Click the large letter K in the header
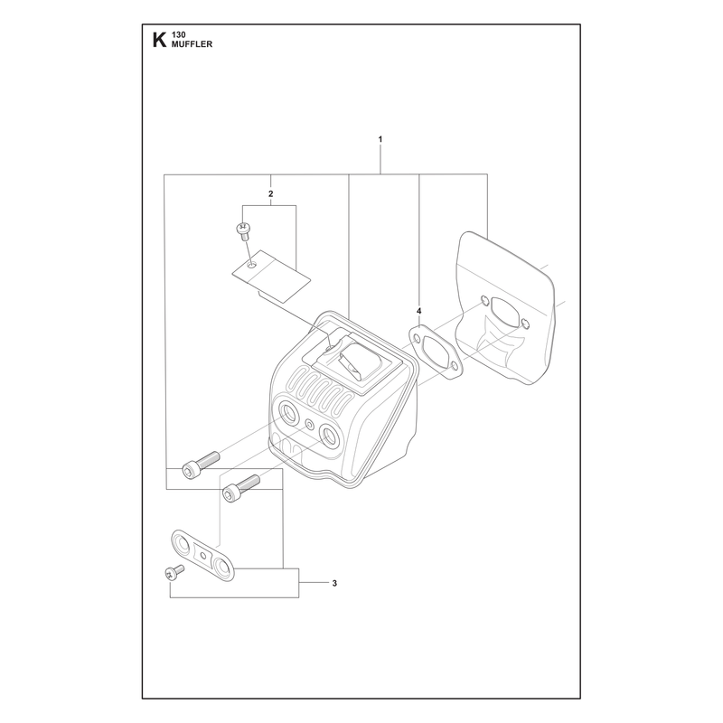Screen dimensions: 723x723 coord(159,40)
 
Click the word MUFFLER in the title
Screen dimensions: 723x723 coord(192,44)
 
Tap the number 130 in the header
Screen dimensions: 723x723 coord(178,35)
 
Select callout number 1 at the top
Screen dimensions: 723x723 coord(380,139)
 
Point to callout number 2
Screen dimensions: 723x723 coord(270,193)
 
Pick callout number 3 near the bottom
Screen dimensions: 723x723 coord(334,583)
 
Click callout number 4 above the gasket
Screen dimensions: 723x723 coord(418,311)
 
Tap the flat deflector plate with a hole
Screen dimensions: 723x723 coord(271,277)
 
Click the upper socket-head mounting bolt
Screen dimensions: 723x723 coord(201,465)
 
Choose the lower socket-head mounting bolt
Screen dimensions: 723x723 coord(241,488)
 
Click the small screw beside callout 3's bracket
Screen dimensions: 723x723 coord(174,571)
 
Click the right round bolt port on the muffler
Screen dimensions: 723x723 coord(331,434)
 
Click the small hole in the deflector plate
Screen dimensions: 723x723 coord(252,266)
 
